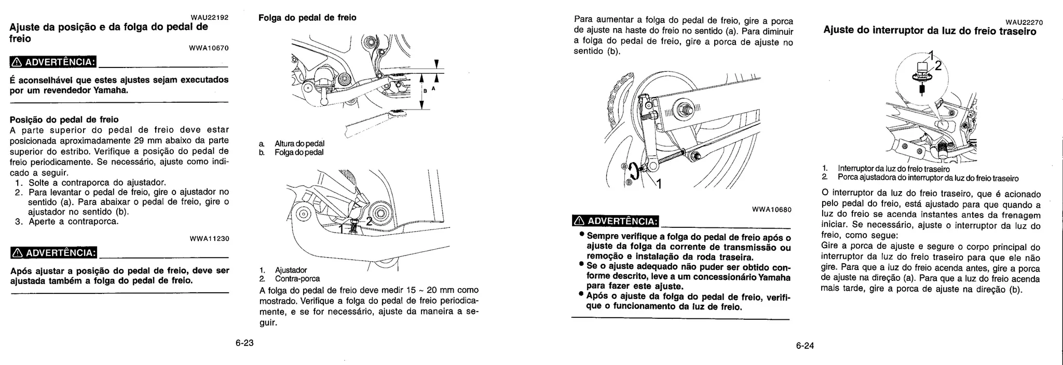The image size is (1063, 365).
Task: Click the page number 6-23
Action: coord(244,343)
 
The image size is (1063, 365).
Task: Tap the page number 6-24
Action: coord(805,346)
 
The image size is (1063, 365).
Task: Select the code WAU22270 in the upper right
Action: coord(1024,22)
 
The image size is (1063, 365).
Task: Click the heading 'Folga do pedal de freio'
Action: coord(307,18)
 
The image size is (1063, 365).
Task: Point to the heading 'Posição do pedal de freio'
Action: coord(64,119)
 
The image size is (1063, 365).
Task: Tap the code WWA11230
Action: coord(209,239)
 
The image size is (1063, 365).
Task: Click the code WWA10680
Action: coord(771,210)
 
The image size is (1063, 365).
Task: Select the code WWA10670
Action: coord(209,48)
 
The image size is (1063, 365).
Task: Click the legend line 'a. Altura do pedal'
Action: coord(293,143)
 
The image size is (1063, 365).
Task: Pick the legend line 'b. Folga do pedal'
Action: coord(292,152)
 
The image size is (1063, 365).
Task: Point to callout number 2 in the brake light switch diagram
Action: coord(938,66)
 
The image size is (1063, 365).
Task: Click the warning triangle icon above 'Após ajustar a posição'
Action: coord(17,253)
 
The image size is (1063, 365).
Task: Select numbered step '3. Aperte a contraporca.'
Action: coord(67,222)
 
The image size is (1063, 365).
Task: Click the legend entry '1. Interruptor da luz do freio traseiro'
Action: coord(886,169)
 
